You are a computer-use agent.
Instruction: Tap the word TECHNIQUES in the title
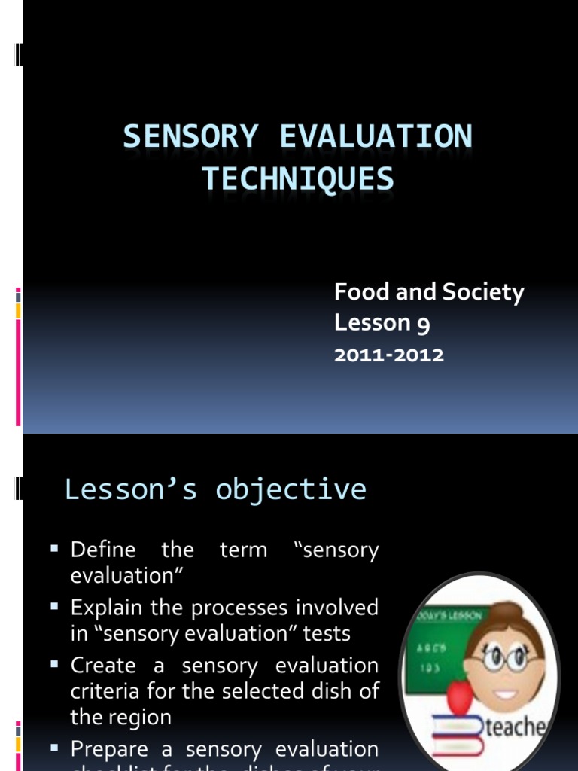(x=297, y=179)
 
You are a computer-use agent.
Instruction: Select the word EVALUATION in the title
(x=376, y=137)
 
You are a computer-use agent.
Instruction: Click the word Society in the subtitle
(x=483, y=292)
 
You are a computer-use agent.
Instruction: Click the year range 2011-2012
(x=389, y=355)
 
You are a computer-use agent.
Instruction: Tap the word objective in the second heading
(x=291, y=489)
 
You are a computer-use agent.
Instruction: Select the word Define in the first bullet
(x=103, y=550)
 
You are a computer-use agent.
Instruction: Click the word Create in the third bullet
(x=103, y=666)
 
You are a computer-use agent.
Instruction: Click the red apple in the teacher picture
(x=458, y=696)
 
